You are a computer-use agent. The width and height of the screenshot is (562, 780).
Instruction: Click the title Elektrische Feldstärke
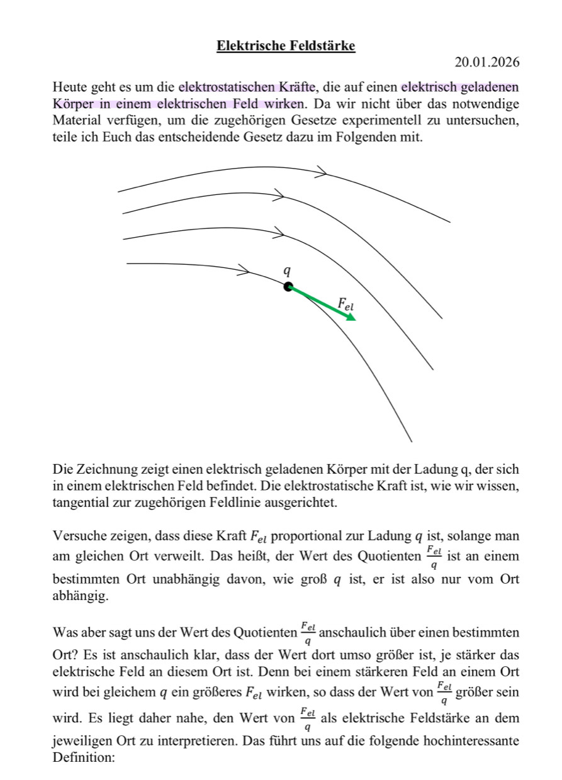click(x=286, y=46)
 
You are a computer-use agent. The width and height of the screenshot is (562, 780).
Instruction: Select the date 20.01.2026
click(x=487, y=62)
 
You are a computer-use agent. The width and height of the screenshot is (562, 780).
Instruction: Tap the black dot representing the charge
click(x=288, y=287)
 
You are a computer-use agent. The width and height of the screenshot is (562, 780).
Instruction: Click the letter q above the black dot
click(x=287, y=270)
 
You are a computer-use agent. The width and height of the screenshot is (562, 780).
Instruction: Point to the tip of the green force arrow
click(x=354, y=320)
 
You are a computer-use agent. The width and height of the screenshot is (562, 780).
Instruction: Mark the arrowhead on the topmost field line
click(x=322, y=172)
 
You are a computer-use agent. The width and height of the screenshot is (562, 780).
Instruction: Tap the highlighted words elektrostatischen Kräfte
click(x=247, y=87)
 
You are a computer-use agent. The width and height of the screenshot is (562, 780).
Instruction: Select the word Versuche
click(x=76, y=537)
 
